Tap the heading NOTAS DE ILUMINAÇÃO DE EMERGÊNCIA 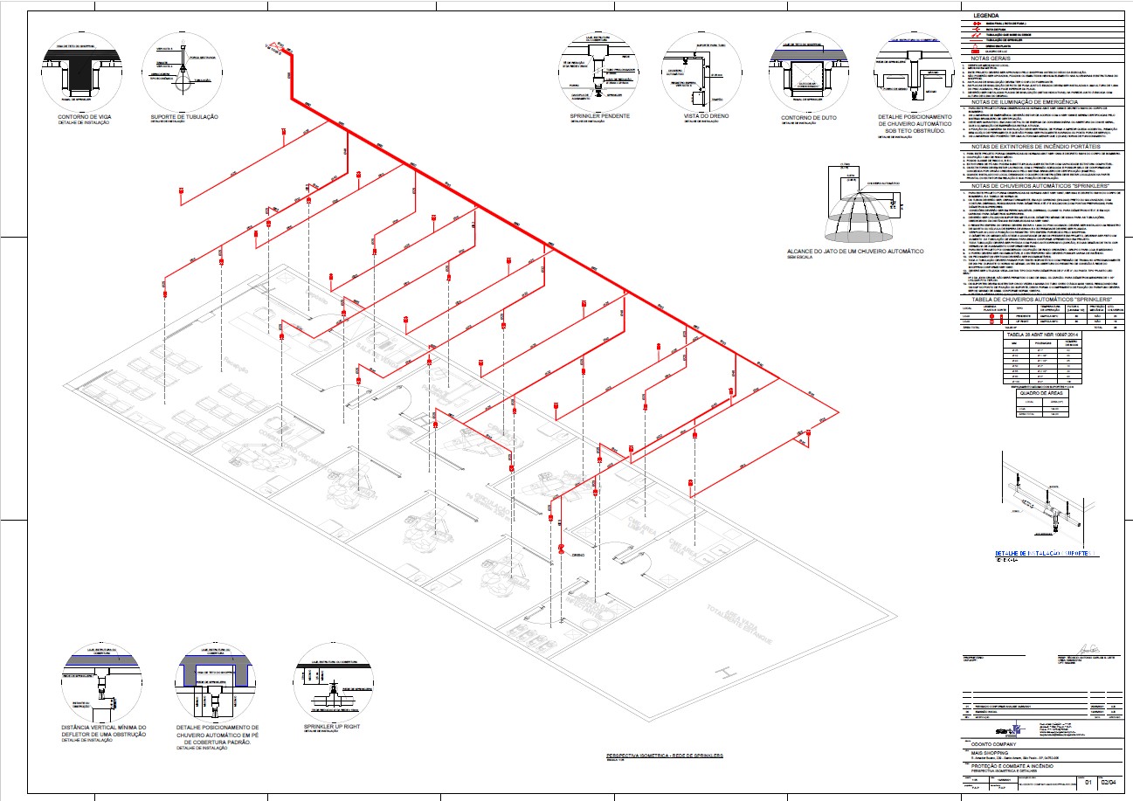point(1041,101)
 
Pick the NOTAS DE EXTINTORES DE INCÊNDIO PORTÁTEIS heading point(1041,145)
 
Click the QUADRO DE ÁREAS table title point(1039,391)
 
